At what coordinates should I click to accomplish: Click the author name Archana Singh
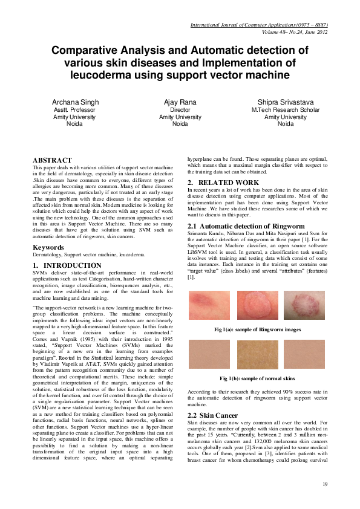tap(76, 102)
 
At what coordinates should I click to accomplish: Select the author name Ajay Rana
tap(180, 102)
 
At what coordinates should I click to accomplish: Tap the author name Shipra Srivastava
tap(286, 102)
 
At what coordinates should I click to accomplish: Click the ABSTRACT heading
tap(52, 160)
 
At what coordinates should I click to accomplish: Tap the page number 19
tap(324, 484)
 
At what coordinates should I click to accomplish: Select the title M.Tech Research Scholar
tap(286, 110)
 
